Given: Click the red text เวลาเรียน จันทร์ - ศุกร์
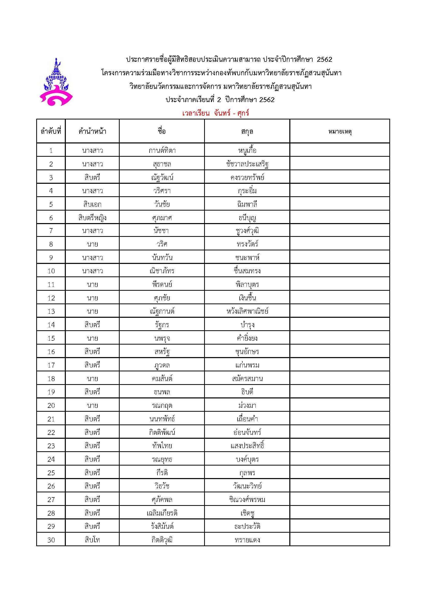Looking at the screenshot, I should click(x=216, y=113).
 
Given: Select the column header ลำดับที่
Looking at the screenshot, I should click(x=51, y=131).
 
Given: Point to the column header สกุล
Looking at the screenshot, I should click(x=247, y=131).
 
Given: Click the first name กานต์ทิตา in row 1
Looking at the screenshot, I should click(x=162, y=150).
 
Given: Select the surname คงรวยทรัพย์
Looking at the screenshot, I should click(x=247, y=177).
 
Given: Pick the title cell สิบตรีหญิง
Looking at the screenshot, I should click(x=92, y=218).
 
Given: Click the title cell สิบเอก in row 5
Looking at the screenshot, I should click(x=92, y=204).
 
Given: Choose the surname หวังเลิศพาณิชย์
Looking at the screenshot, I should click(x=247, y=311).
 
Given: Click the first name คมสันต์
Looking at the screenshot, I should click(x=162, y=379).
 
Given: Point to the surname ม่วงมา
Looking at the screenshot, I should click(x=247, y=405).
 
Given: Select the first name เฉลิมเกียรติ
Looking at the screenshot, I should click(x=162, y=513).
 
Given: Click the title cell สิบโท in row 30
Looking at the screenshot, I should click(x=92, y=540).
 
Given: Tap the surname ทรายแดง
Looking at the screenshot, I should click(x=247, y=540).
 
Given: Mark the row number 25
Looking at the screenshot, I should click(x=51, y=473).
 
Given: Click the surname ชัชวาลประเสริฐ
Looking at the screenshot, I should click(x=247, y=164).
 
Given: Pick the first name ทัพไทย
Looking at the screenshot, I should click(x=162, y=446).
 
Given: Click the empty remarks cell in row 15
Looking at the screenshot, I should click(x=340, y=338).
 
